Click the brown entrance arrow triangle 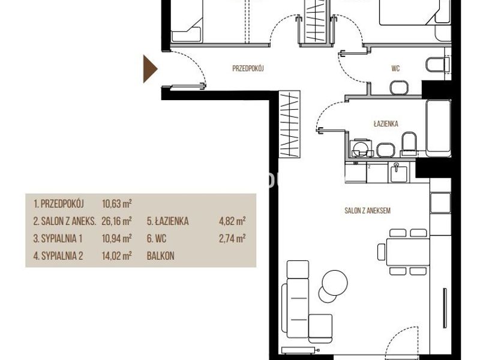pos(149,69)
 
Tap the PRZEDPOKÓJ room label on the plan pos(248,68)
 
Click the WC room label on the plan pos(395,68)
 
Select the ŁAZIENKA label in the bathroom pos(386,124)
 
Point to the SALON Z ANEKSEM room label pos(367,211)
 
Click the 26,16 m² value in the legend pos(116,221)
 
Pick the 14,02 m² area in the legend pos(116,256)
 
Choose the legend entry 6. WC pos(157,238)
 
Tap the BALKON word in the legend pos(160,256)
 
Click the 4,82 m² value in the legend pos(232,221)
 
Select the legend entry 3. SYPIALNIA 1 pos(58,238)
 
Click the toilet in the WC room pos(437,64)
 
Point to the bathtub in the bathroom pos(439,128)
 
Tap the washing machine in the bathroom pos(362,148)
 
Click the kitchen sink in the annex pos(398,172)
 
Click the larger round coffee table pos(335,283)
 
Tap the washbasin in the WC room pos(399,88)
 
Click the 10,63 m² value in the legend pos(116,203)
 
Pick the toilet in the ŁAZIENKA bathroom pos(409,142)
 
